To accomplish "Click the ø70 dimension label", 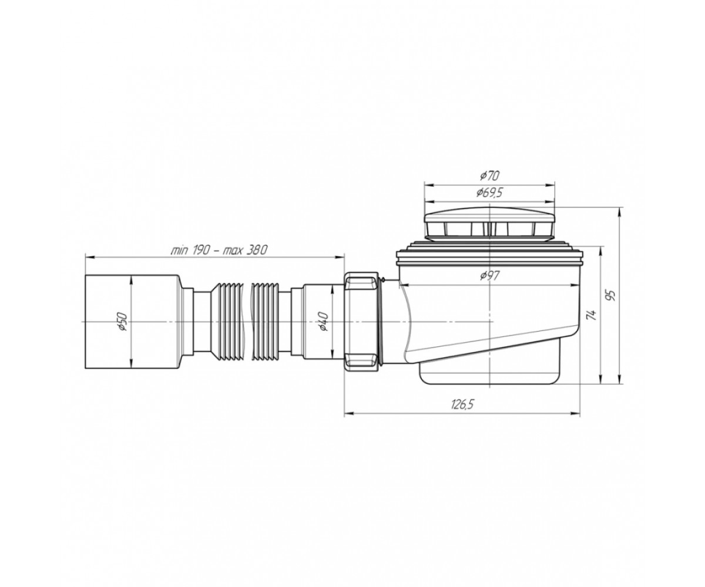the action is [489, 176].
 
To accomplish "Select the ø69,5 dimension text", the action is [489, 193].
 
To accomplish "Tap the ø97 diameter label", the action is [489, 276].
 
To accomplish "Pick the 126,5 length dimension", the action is [462, 404].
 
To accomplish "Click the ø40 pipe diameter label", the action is [323, 322].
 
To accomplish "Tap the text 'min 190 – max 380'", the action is [219, 250].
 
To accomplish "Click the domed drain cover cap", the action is [489, 223].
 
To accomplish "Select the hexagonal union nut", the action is [362, 322].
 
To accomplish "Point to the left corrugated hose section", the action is [231, 322].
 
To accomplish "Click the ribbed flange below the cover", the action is [489, 251].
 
